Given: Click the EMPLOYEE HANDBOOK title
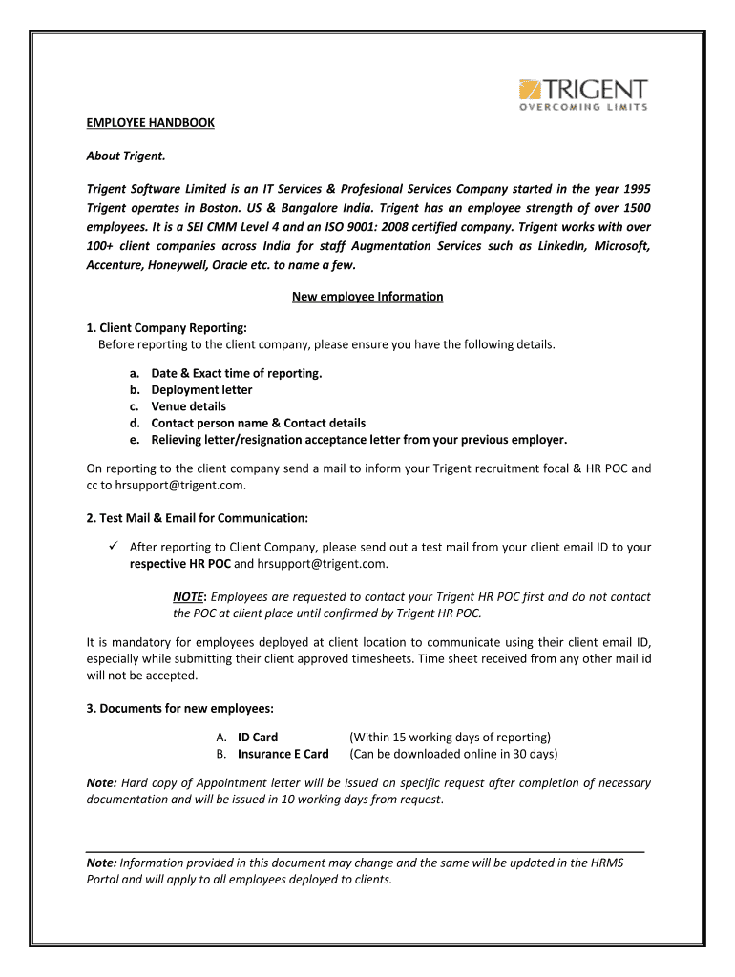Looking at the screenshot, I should (151, 123).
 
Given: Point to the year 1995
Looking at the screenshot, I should (635, 189).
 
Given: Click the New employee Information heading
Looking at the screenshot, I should (367, 297).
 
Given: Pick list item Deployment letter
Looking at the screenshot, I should (201, 389).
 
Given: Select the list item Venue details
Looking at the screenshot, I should (188, 405).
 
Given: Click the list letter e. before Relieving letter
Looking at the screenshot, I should (135, 440).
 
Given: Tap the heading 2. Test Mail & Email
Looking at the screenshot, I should (198, 518).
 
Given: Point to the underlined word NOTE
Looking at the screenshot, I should (187, 596).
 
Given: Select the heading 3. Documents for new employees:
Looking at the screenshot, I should (179, 708).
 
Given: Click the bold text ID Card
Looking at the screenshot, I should (258, 737).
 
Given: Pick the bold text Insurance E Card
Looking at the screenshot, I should (283, 754).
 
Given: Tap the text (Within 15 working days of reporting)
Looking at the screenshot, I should (450, 737).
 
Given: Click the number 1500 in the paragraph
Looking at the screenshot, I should (636, 208).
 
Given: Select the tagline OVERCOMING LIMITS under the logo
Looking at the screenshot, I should (583, 107).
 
